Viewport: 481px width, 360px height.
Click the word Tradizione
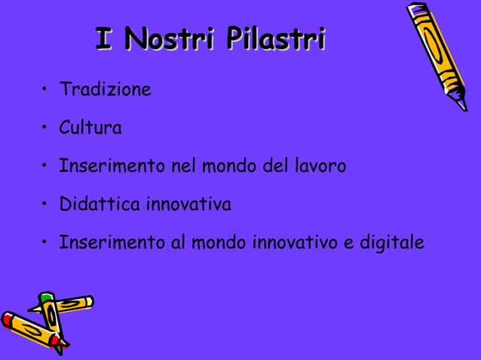[106, 91]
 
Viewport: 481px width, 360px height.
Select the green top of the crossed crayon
[47, 297]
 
